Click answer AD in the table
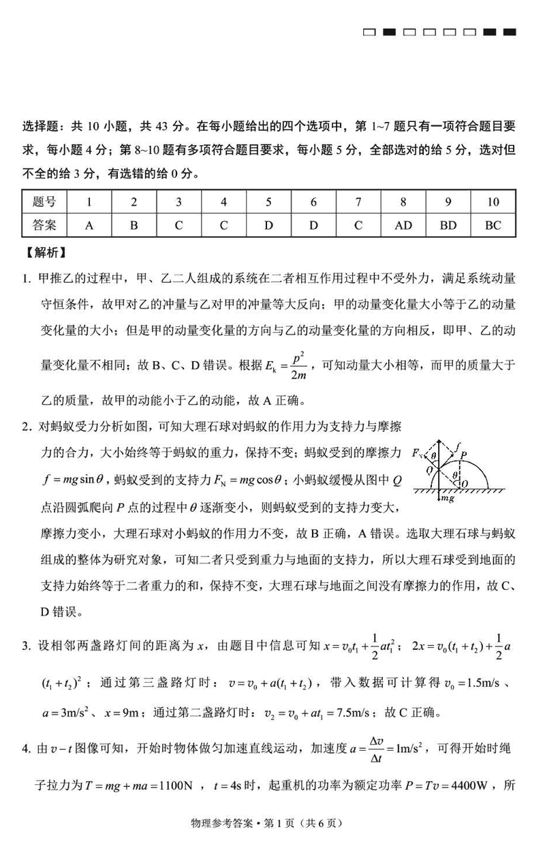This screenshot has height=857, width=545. click(403, 225)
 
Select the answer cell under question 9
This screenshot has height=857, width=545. click(448, 225)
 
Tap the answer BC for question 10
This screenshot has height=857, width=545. click(493, 225)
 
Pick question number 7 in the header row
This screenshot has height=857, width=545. click(358, 202)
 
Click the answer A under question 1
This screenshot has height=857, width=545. click(89, 225)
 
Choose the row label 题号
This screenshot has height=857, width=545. click(44, 202)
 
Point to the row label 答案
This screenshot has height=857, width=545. click(44, 225)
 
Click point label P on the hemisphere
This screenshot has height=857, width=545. click(463, 454)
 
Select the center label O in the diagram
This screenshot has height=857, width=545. click(464, 483)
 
